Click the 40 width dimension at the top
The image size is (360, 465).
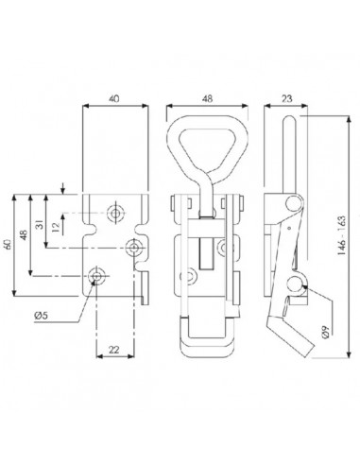click(x=114, y=96)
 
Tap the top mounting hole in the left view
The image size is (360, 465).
click(x=115, y=214)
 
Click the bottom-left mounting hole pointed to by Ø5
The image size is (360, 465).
click(x=96, y=275)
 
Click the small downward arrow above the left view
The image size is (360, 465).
click(x=62, y=187)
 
